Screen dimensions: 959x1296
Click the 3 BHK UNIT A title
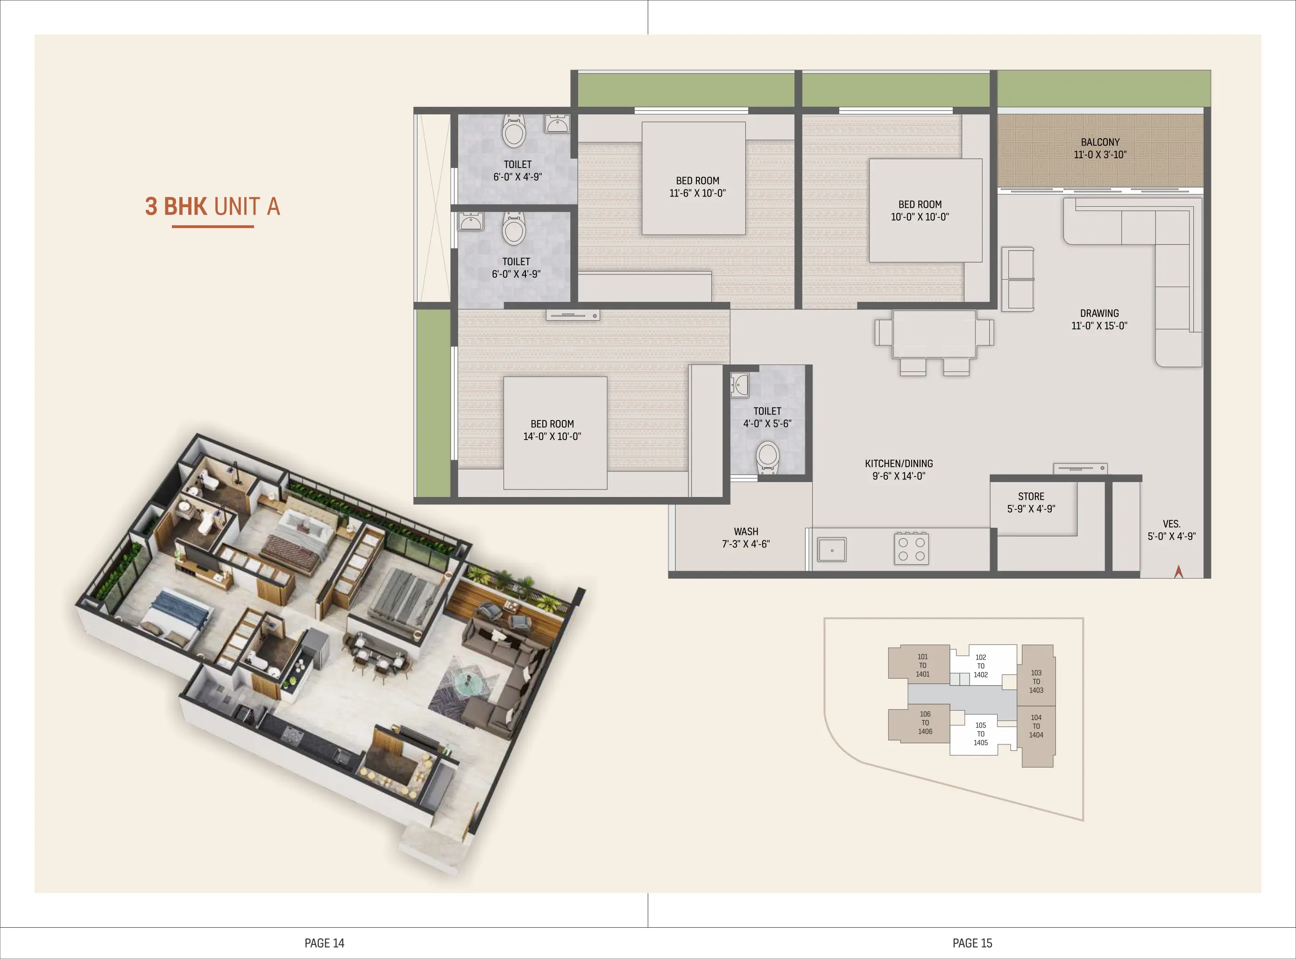(212, 207)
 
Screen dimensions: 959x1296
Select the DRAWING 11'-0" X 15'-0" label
(1099, 319)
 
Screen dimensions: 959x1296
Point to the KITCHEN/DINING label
(899, 469)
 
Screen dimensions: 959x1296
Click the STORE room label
(1031, 502)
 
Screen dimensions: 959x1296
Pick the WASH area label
(746, 538)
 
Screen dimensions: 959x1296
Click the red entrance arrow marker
(1178, 572)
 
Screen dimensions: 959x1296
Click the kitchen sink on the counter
(832, 549)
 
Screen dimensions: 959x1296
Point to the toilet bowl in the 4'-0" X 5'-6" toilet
(767, 455)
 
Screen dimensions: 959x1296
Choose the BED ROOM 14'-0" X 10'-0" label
(552, 430)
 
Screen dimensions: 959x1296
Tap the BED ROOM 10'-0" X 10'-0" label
(920, 210)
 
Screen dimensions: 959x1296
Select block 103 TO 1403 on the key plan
(1036, 681)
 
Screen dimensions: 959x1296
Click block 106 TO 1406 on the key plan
(925, 723)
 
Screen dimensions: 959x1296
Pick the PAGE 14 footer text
(324, 943)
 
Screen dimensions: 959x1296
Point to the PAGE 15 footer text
(972, 943)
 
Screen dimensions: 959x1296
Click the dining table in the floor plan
(934, 334)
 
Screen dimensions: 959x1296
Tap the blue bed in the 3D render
(177, 616)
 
